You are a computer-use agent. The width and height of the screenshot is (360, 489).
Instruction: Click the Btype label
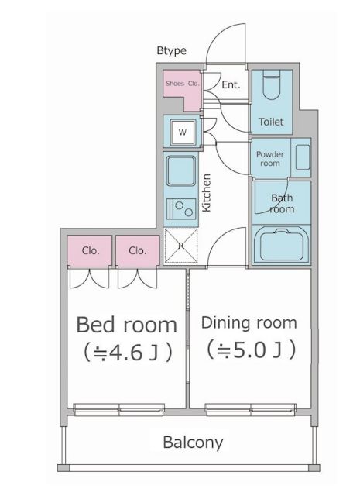(x=171, y=50)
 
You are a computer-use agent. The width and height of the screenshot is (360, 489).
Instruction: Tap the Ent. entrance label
(x=231, y=84)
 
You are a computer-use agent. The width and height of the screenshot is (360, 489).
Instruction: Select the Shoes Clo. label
(x=183, y=83)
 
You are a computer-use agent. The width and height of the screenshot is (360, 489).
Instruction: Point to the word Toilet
(x=271, y=122)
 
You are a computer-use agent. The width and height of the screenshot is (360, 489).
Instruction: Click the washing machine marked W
(x=183, y=133)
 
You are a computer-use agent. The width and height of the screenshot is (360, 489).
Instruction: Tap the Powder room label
(x=270, y=159)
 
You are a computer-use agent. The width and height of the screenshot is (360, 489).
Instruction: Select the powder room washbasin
(x=303, y=157)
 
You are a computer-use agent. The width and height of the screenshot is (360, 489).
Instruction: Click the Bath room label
(x=282, y=203)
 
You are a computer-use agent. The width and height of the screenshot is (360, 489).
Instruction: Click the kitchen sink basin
(x=181, y=170)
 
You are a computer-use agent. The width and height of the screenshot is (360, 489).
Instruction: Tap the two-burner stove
(x=181, y=209)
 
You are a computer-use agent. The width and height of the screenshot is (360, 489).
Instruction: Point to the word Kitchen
(x=207, y=193)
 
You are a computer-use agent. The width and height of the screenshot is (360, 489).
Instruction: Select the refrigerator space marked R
(x=181, y=246)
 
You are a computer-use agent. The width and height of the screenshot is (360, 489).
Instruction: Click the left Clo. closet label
(x=91, y=250)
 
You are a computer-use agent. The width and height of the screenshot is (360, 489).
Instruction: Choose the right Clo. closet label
(x=138, y=250)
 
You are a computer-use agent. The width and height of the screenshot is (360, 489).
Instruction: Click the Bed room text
(x=127, y=325)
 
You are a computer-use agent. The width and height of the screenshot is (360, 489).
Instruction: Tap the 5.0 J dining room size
(x=252, y=350)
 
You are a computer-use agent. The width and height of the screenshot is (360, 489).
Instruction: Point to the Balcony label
(x=194, y=443)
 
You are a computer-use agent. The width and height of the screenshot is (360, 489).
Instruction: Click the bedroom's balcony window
(x=118, y=409)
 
